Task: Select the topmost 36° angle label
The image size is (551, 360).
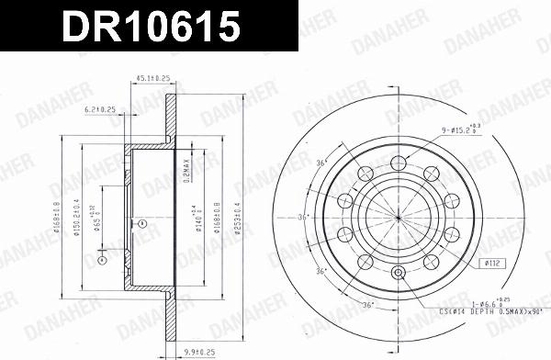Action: click(321, 163)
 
